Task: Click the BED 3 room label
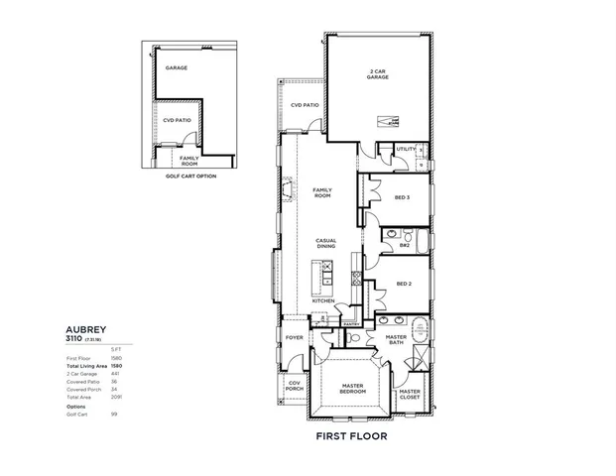tap(403, 197)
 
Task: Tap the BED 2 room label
tap(403, 284)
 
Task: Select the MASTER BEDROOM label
tap(353, 388)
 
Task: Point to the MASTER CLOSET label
tap(409, 393)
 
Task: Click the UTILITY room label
tap(406, 150)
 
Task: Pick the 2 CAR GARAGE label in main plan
tap(377, 74)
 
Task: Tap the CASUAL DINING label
tap(325, 242)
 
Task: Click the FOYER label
tap(295, 337)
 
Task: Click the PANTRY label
tap(350, 323)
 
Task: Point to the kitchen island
tap(321, 278)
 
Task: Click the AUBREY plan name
tap(85, 328)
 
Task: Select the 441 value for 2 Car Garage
tap(115, 374)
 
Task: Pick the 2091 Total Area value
tap(115, 397)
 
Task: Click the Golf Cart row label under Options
tap(75, 414)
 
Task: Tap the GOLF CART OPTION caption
tap(190, 176)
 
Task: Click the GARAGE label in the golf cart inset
tap(177, 68)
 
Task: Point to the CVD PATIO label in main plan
tap(305, 104)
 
